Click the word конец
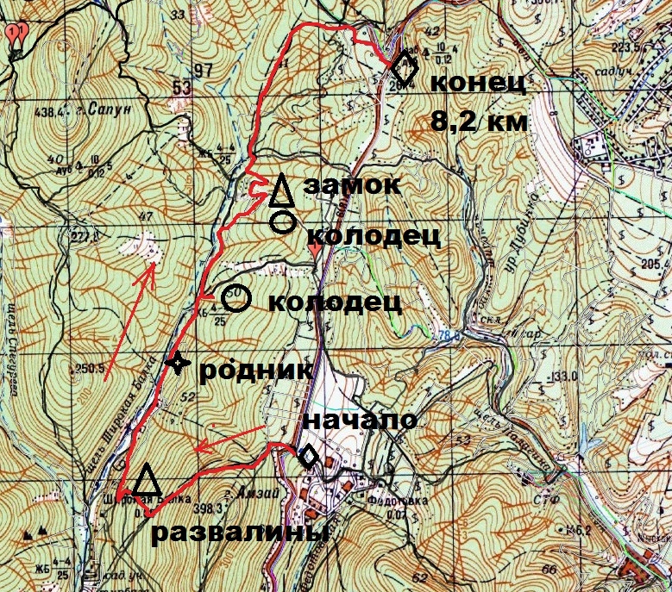(477, 85)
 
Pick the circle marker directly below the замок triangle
(281, 222)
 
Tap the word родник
(255, 370)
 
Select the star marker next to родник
(177, 364)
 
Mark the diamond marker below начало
(307, 458)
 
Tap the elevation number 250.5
(90, 369)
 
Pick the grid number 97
(204, 69)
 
